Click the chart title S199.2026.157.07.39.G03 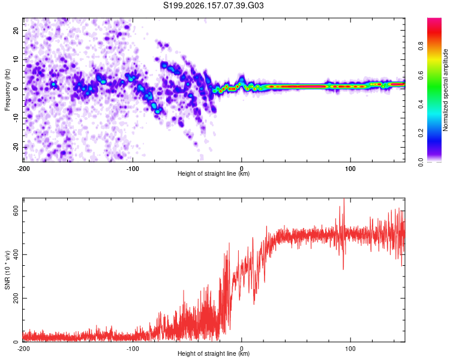tap(213, 5)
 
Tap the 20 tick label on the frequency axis tap(16, 30)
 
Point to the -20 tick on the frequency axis tap(16, 148)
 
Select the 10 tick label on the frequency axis tap(16, 59)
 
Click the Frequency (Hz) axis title tap(7, 90)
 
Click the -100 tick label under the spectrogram tap(133, 169)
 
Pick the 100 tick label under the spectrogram tap(350, 169)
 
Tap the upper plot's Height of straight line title tap(214, 173)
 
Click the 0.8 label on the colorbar tap(421, 46)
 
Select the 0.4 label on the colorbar tap(421, 104)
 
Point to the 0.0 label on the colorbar tap(421, 163)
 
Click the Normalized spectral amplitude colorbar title tap(445, 90)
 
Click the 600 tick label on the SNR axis tap(16, 211)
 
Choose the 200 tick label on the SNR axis tap(16, 299)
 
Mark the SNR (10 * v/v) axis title tap(7, 270)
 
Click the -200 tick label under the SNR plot tap(23, 349)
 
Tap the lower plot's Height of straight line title tap(214, 353)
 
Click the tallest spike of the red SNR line tap(344, 199)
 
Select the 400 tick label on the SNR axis tap(16, 254)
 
